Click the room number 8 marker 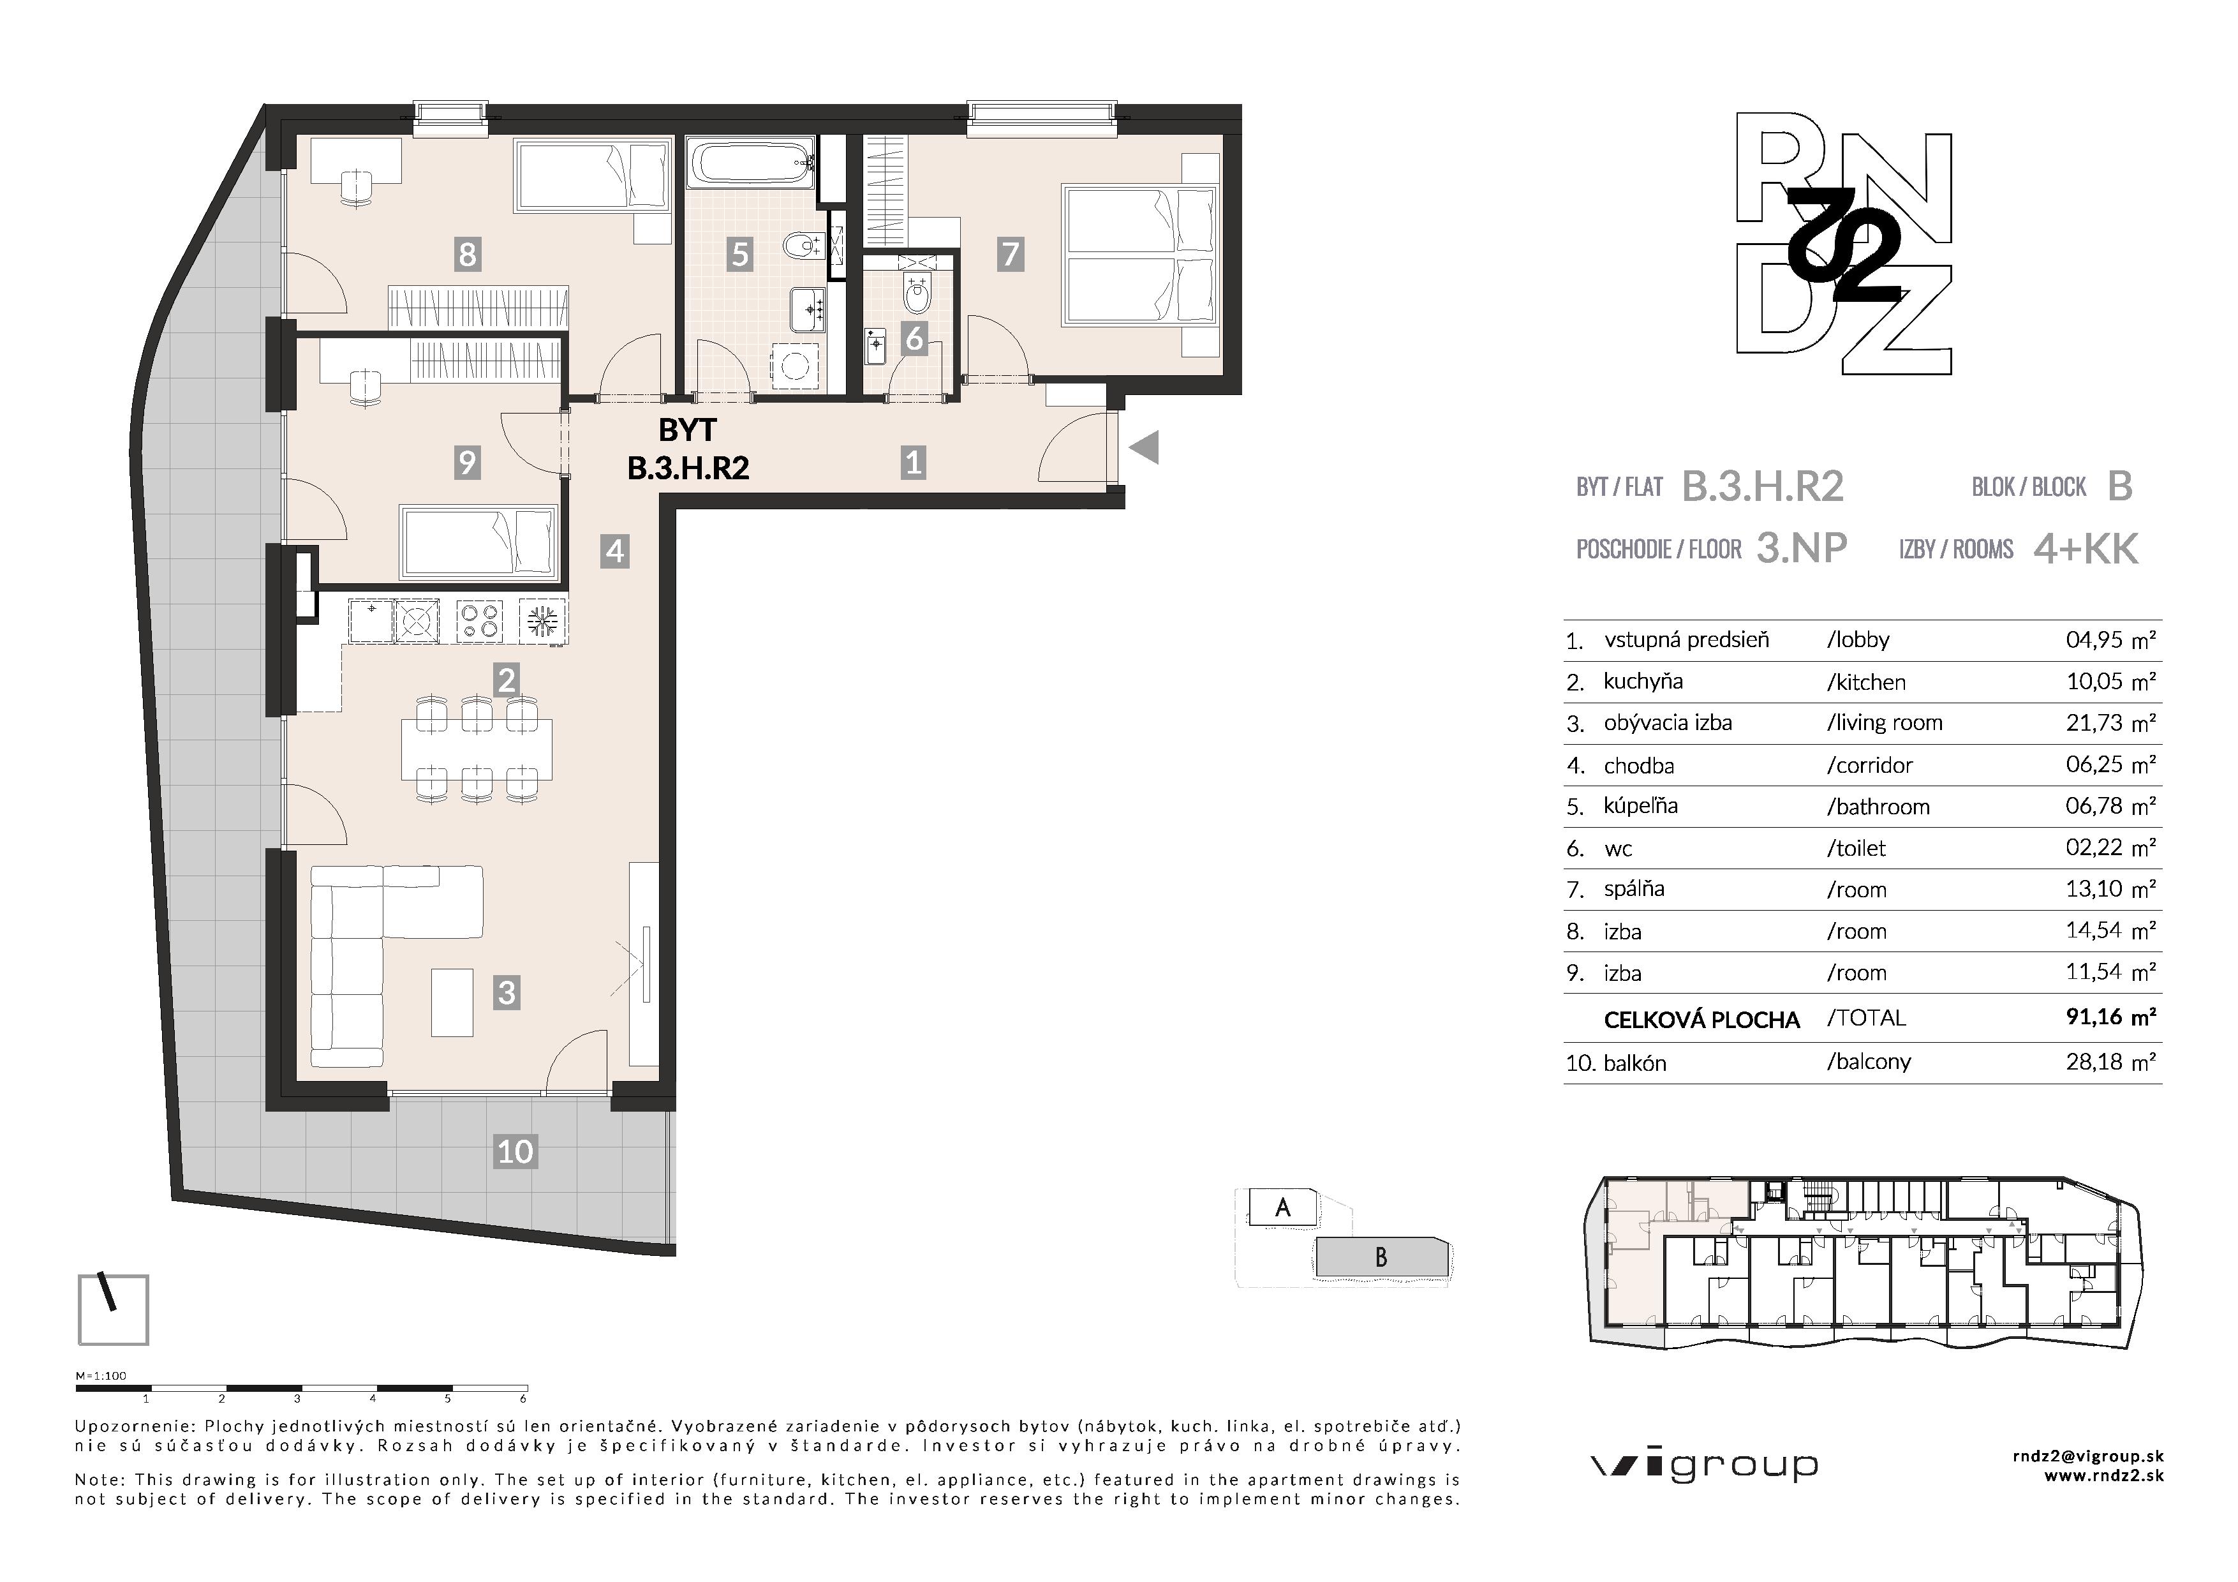467,255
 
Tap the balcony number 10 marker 515,1151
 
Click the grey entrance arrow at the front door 1143,449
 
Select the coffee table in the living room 452,1002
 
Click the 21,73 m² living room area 2110,722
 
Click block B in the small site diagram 1381,1257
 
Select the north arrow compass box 113,1309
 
